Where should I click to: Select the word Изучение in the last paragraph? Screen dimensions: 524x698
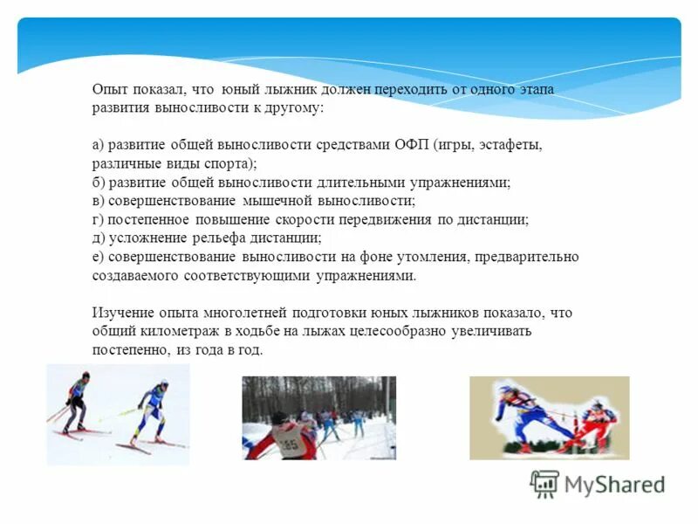[x=120, y=313]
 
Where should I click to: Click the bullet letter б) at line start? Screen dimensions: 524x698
[x=98, y=183]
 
